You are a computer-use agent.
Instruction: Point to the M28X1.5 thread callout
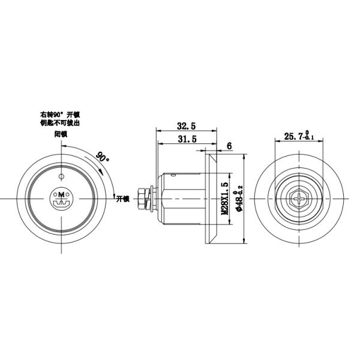point(225,199)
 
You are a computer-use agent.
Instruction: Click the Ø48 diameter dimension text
point(238,199)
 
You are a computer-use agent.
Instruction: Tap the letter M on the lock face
point(61,194)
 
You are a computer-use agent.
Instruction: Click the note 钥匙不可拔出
point(60,122)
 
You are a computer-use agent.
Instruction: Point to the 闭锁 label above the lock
point(61,135)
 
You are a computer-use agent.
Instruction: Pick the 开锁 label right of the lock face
point(123,198)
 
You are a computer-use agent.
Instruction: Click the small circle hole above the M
point(61,176)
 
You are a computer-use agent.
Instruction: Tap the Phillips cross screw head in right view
point(298,198)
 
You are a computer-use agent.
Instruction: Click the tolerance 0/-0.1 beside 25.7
point(308,136)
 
